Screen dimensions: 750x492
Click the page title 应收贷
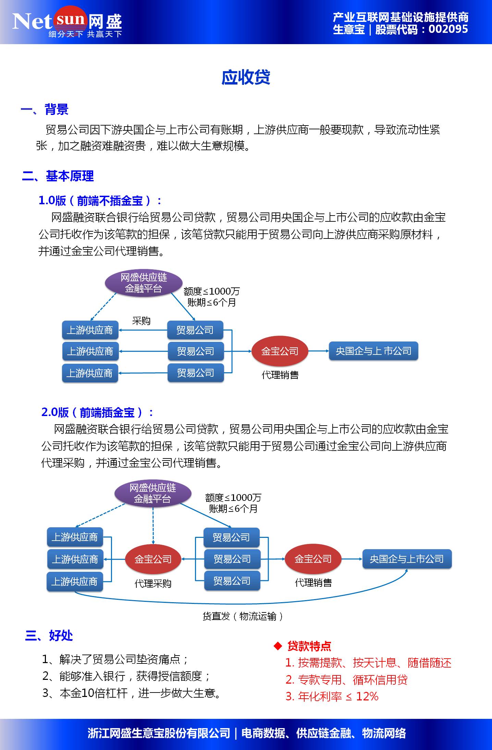246,77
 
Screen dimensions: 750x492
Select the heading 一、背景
45,110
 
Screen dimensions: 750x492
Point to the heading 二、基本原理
58,176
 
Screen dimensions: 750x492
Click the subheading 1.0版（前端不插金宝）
100,201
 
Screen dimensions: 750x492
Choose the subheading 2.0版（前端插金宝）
97,413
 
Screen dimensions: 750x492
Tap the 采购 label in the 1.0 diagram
141,321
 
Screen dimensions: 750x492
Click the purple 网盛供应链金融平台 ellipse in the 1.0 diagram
144,283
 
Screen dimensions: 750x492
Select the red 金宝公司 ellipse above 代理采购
153,559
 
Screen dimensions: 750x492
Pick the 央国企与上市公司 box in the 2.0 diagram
407,559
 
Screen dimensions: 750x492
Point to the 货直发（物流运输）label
243,617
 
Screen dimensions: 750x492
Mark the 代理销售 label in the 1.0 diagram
280,375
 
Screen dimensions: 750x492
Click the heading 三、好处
49,635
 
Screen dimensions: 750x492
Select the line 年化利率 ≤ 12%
332,696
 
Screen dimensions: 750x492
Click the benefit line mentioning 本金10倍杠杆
132,693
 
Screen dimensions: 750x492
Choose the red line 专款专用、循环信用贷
346,680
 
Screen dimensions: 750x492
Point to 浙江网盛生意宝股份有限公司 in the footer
159,733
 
